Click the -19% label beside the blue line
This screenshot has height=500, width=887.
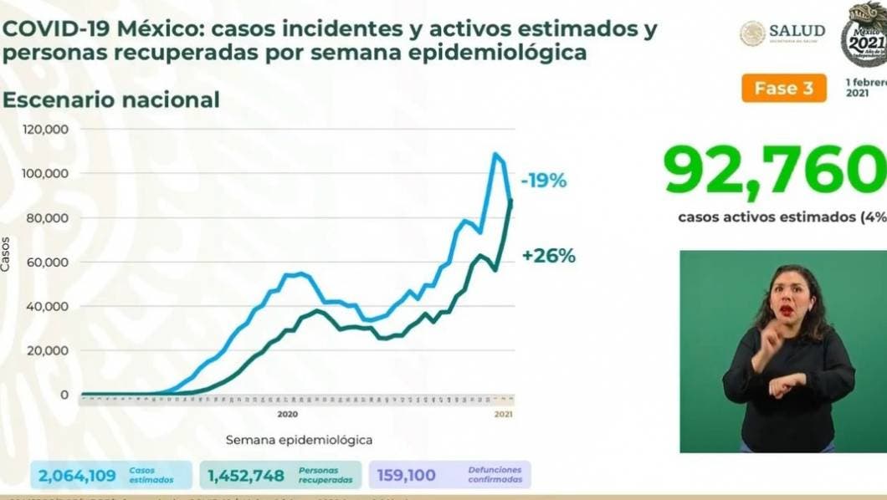tap(544, 180)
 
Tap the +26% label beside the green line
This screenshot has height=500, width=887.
tap(548, 256)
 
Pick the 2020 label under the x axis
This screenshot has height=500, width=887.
tap(287, 413)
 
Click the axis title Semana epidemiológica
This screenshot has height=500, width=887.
tap(299, 439)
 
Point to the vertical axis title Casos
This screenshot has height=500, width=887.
tap(7, 253)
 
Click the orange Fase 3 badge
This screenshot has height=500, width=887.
tap(783, 88)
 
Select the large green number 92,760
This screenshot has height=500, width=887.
tap(774, 171)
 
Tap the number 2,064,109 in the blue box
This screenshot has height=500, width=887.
tap(78, 476)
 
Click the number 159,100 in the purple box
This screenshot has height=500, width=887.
tap(406, 476)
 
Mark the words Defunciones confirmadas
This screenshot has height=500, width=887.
tap(495, 475)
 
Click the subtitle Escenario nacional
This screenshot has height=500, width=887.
tap(110, 99)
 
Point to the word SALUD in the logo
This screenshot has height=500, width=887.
tap(797, 31)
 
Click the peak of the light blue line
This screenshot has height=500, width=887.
tap(495, 154)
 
